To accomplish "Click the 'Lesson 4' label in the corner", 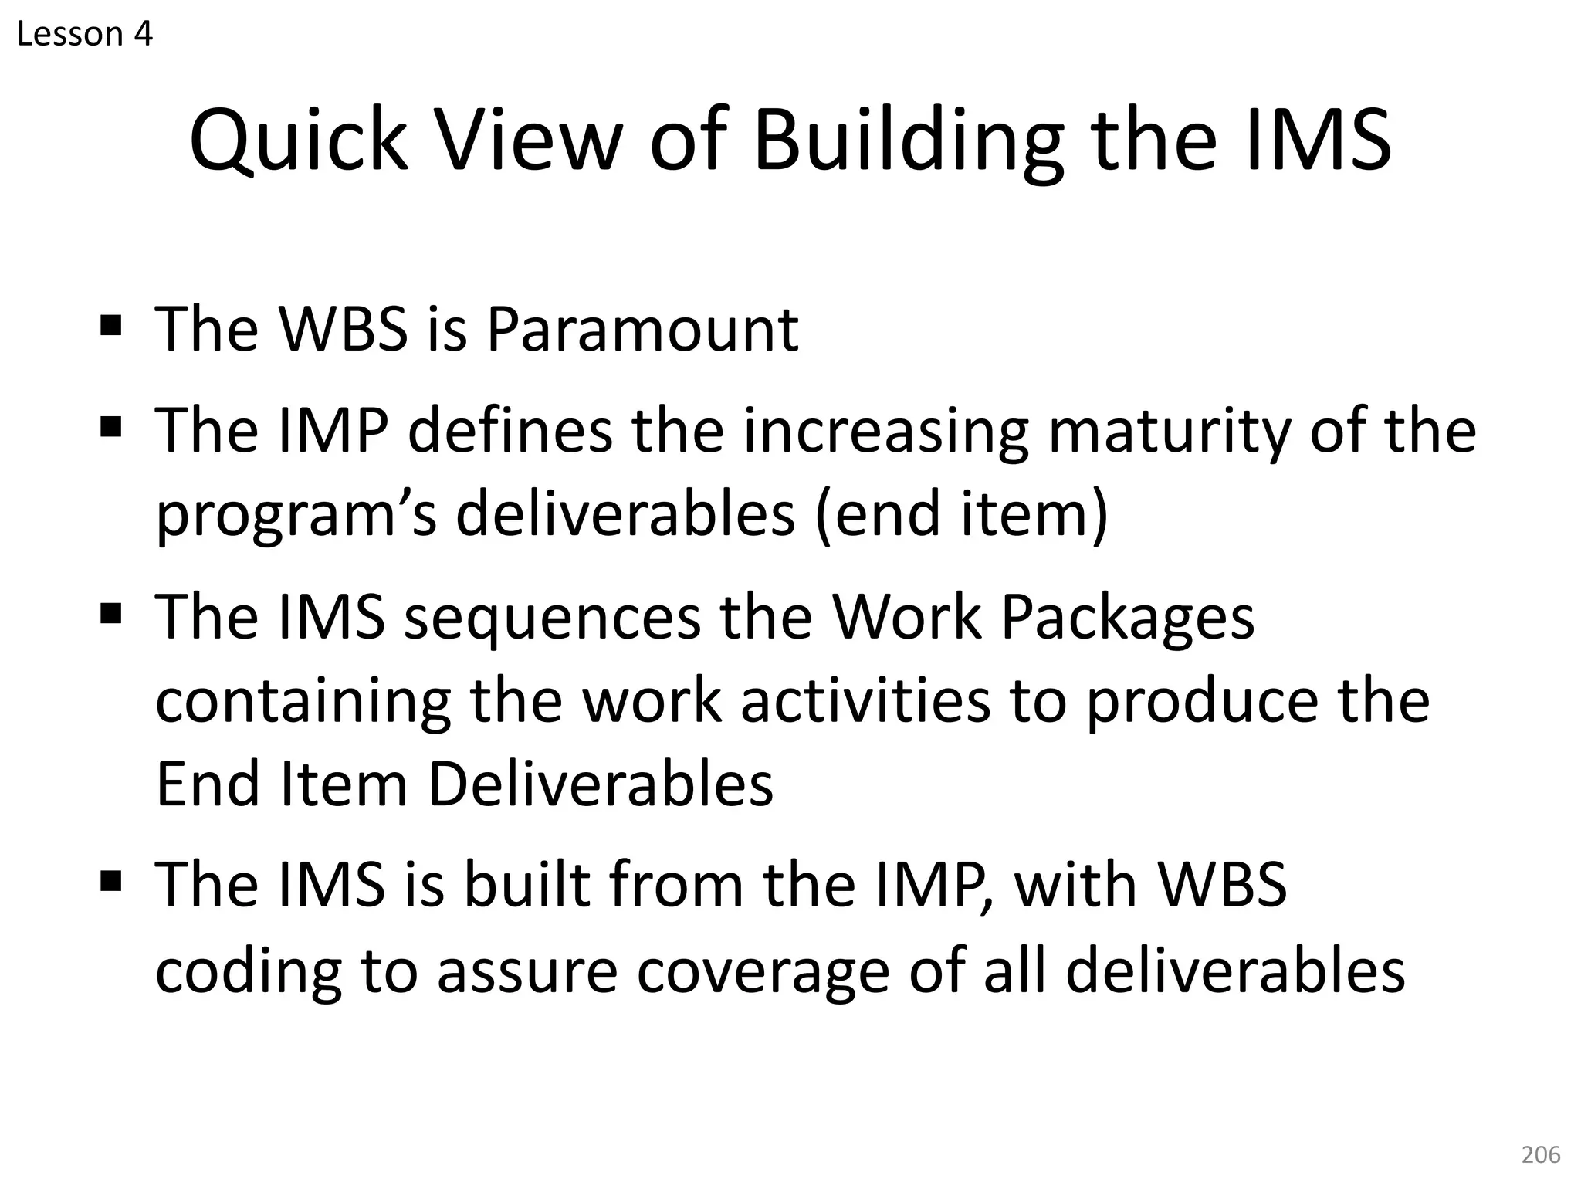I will (x=85, y=34).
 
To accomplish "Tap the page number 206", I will (x=1540, y=1154).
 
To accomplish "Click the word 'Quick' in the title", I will (x=299, y=141).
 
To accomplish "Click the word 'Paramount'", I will (x=642, y=330).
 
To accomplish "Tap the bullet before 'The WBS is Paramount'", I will (x=111, y=324).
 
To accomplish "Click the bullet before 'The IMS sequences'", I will (x=111, y=614).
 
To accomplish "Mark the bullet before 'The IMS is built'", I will (x=111, y=880).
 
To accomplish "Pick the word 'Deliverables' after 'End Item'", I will (x=600, y=784).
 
